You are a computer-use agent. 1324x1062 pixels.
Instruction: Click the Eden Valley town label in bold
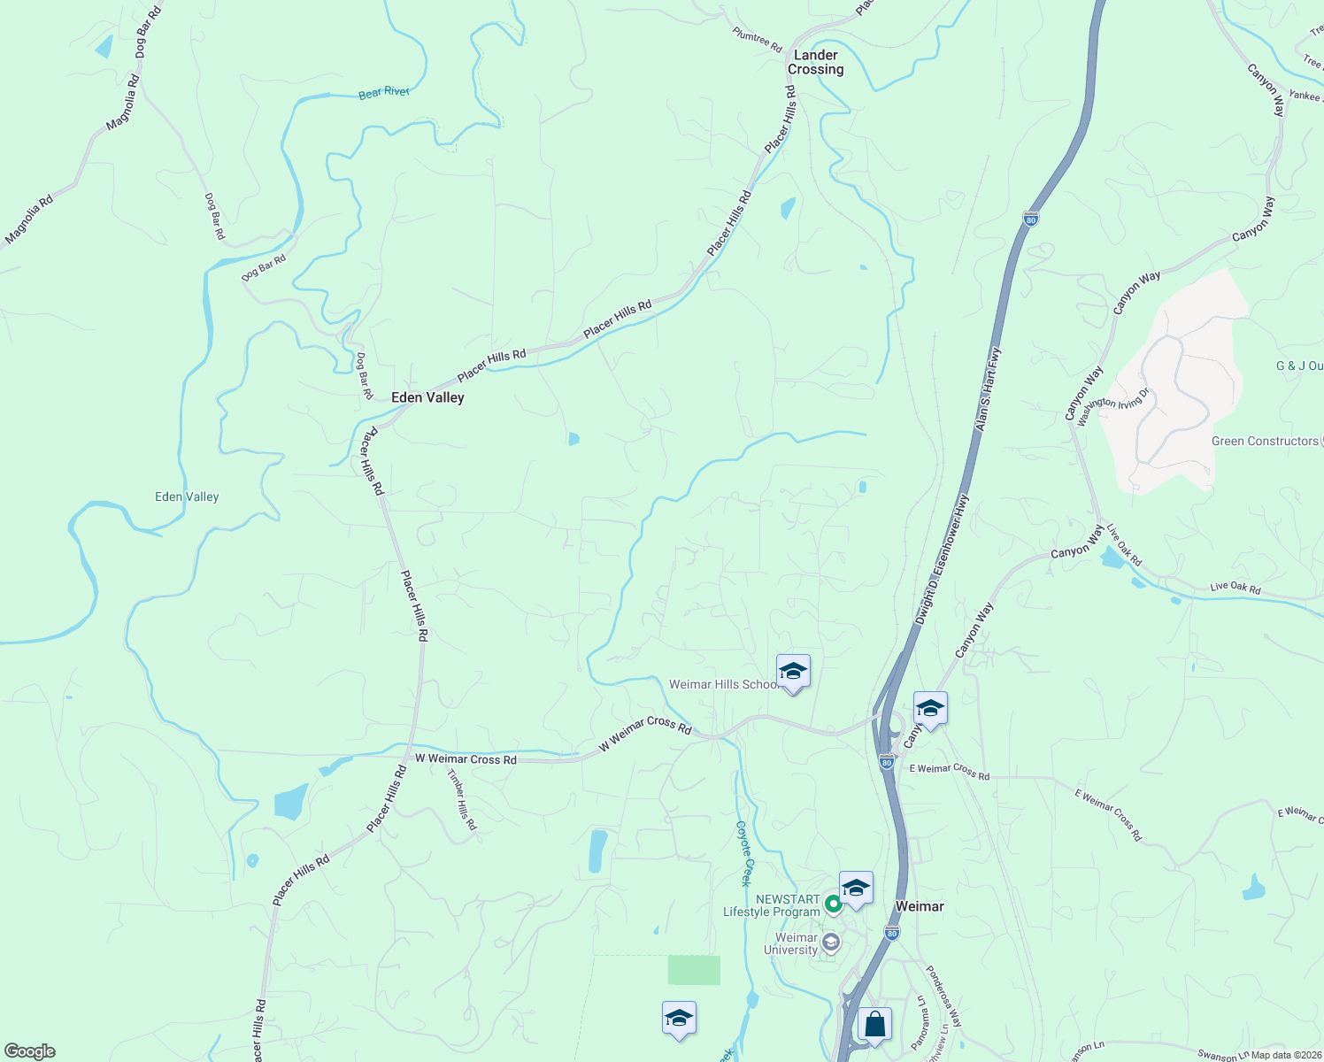tap(427, 398)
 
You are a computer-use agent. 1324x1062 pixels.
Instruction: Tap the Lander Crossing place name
tap(815, 62)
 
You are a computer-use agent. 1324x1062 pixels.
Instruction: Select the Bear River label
tap(384, 92)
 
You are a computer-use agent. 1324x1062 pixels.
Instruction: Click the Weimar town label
tap(920, 906)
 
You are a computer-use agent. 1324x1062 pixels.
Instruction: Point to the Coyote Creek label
tap(744, 853)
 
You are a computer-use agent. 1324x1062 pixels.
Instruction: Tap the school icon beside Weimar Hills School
tap(793, 673)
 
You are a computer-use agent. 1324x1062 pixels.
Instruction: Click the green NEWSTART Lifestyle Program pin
tap(833, 904)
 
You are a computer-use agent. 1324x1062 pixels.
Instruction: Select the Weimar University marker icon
tap(830, 943)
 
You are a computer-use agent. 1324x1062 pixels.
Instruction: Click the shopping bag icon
tap(874, 1025)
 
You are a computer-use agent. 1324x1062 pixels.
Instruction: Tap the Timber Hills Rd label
tap(462, 799)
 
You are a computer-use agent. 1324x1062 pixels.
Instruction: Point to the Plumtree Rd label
tap(758, 39)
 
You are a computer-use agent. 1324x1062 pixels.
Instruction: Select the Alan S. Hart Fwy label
tap(989, 389)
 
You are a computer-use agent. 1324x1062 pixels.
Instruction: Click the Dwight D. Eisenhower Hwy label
tap(943, 559)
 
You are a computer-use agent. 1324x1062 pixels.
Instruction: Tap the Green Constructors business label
tap(1265, 441)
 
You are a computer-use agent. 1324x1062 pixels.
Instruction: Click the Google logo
tap(30, 1051)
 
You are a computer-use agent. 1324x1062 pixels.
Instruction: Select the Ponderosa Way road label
tap(943, 996)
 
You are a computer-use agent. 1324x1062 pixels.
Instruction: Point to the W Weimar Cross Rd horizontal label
tap(466, 759)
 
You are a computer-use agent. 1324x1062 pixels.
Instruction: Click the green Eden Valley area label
tap(187, 496)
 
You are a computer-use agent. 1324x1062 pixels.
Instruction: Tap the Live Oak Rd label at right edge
tap(1235, 588)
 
